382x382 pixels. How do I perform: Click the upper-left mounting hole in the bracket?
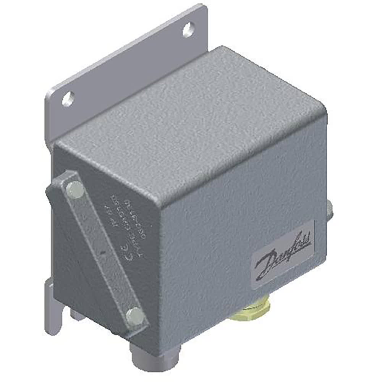click(x=68, y=99)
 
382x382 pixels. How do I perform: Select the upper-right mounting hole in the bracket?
click(x=188, y=30)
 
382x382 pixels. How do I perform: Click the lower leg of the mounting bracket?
click(x=53, y=309)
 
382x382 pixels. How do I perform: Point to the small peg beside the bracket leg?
click(x=77, y=315)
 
